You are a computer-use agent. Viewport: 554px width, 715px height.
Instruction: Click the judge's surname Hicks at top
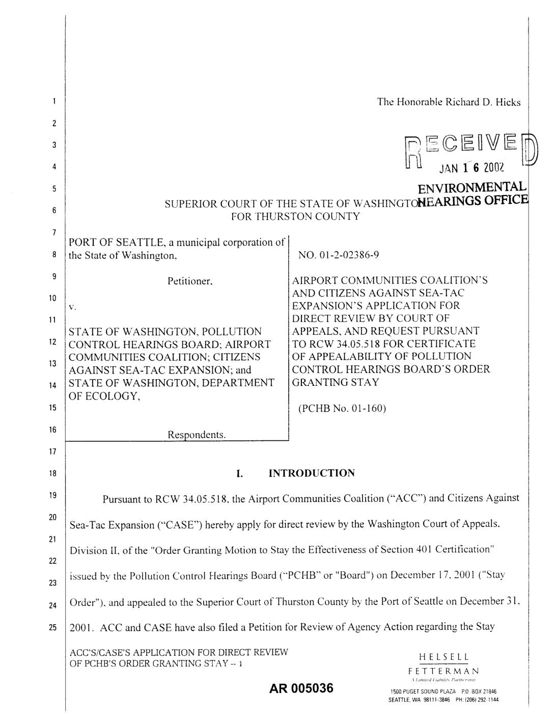coord(510,102)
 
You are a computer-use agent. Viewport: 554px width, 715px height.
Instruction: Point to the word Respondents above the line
coord(197,435)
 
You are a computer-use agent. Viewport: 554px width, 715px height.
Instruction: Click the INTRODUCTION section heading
coord(312,473)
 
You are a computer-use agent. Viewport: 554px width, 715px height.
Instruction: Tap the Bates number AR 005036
coord(302,689)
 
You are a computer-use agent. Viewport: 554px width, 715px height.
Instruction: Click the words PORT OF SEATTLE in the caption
coord(108,243)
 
